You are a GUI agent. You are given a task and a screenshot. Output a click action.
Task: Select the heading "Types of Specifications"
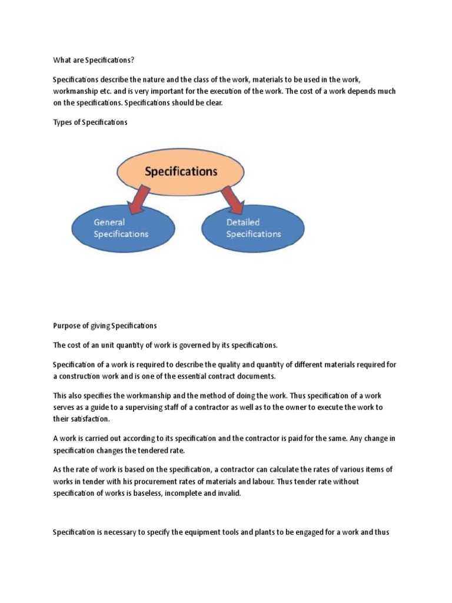(x=89, y=122)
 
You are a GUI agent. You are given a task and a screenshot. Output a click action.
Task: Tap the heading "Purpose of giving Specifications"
(x=105, y=326)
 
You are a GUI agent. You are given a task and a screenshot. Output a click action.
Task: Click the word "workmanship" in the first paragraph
(x=75, y=91)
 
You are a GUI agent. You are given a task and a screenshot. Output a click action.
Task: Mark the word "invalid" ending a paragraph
(x=230, y=494)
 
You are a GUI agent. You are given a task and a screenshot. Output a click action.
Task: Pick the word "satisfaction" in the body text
(x=92, y=419)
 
